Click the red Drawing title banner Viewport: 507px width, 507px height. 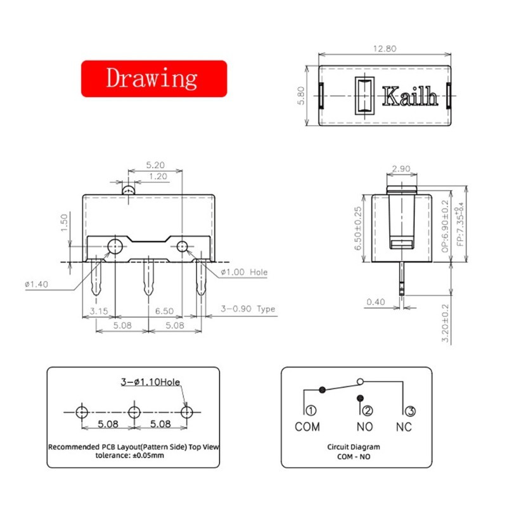point(153,79)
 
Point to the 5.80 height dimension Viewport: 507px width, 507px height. point(302,96)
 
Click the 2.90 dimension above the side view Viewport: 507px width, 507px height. point(401,169)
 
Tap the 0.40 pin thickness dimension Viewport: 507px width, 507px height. point(376,302)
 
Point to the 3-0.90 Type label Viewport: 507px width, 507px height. point(248,309)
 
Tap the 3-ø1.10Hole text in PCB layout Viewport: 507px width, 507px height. point(151,382)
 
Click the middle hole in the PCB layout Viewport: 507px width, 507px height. point(133,413)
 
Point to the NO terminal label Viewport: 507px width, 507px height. point(365,427)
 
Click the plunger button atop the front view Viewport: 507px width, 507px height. point(129,189)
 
